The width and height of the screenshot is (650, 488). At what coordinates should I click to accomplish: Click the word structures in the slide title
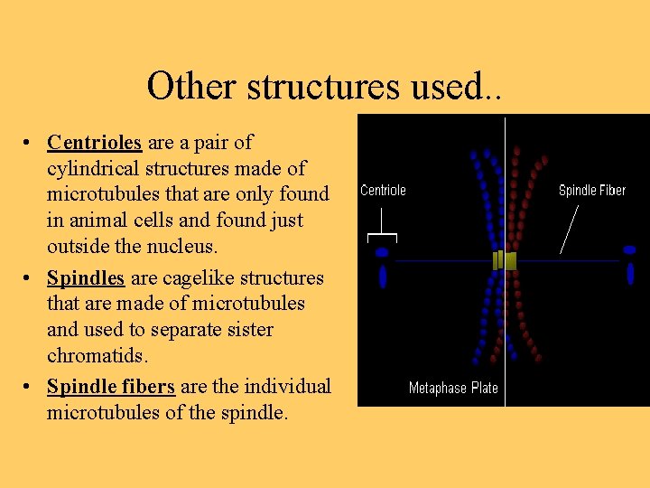pyautogui.click(x=321, y=86)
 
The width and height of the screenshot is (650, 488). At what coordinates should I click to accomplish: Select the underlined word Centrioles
pyautogui.click(x=95, y=142)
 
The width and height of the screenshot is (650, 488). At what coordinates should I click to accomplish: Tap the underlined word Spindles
pyautogui.click(x=87, y=277)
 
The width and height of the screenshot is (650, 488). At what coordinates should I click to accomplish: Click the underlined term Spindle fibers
pyautogui.click(x=111, y=387)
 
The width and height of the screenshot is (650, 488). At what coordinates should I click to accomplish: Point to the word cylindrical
pyautogui.click(x=93, y=168)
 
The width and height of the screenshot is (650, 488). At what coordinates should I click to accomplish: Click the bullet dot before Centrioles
pyautogui.click(x=30, y=143)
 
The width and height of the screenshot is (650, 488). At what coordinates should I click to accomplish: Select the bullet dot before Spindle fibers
pyautogui.click(x=30, y=388)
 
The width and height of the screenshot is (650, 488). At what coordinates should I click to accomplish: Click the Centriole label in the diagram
pyautogui.click(x=383, y=190)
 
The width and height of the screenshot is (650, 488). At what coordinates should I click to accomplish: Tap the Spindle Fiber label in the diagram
pyautogui.click(x=591, y=190)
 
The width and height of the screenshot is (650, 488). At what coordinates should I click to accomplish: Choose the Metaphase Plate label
pyautogui.click(x=453, y=388)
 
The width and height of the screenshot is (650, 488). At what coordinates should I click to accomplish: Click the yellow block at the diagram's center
pyautogui.click(x=505, y=260)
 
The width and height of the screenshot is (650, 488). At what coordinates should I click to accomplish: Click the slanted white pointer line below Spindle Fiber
pyautogui.click(x=569, y=228)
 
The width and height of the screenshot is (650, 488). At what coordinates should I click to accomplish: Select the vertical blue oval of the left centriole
pyautogui.click(x=383, y=276)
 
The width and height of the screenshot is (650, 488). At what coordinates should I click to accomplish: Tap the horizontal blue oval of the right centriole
pyautogui.click(x=629, y=250)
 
